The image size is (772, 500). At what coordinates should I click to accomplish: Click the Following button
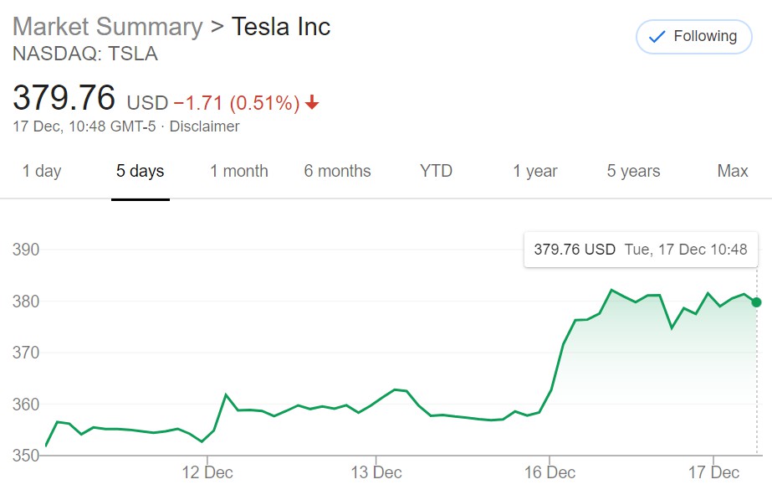(x=693, y=37)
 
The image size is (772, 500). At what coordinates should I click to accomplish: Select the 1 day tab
(x=42, y=171)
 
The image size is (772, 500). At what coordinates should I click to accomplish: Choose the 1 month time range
(x=238, y=171)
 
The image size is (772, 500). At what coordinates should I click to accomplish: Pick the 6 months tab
(x=337, y=171)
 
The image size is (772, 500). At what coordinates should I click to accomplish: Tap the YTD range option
(x=436, y=171)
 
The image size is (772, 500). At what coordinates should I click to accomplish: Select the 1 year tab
(x=535, y=171)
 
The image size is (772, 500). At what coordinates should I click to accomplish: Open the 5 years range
(x=634, y=171)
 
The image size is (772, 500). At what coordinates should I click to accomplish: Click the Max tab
(x=733, y=171)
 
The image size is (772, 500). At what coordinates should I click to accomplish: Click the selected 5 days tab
(x=141, y=171)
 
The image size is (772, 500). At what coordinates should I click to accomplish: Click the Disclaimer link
(x=204, y=126)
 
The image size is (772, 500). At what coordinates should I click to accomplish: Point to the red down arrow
(x=312, y=102)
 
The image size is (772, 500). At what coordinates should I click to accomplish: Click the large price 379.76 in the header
(x=64, y=97)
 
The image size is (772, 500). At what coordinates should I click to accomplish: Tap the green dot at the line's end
(x=757, y=302)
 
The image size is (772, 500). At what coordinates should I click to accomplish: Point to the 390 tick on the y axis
(x=26, y=250)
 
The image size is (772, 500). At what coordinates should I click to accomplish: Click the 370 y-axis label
(x=26, y=353)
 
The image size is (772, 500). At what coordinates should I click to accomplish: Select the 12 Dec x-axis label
(x=207, y=472)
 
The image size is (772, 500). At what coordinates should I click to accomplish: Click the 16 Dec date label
(x=550, y=472)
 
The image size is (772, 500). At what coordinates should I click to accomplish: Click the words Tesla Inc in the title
(x=281, y=27)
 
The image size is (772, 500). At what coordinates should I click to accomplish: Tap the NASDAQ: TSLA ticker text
(x=85, y=54)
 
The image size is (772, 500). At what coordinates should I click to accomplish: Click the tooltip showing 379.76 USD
(x=641, y=250)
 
